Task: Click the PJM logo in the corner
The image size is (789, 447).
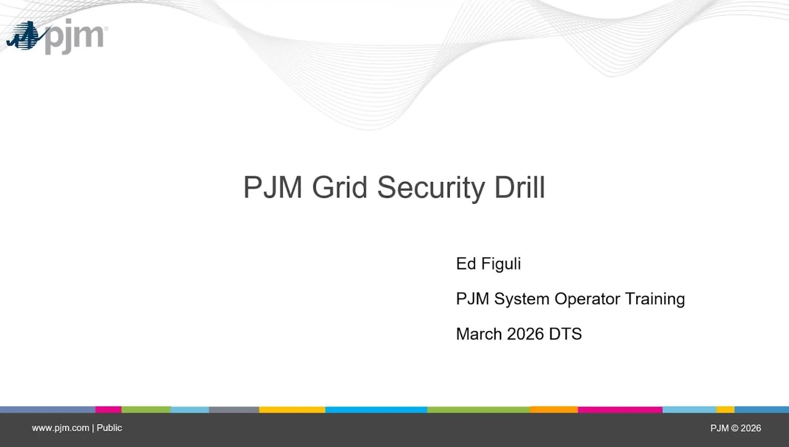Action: [56, 36]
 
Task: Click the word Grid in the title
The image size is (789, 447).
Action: [340, 187]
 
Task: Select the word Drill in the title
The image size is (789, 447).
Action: [520, 187]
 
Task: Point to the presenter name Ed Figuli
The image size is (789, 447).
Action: [488, 264]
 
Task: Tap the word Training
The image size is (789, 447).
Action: [655, 300]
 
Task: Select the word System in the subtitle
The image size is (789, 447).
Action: [521, 300]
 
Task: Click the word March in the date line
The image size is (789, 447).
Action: [479, 334]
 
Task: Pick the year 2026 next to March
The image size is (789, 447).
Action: [525, 334]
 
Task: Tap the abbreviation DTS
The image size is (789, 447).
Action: [565, 334]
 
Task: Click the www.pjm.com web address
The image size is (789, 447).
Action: [60, 429]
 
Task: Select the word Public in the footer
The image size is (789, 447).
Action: [109, 428]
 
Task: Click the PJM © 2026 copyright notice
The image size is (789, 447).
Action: [735, 428]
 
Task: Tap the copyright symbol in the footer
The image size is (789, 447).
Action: [734, 428]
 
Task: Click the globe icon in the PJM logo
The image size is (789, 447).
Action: [25, 36]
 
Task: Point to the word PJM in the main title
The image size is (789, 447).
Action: [272, 187]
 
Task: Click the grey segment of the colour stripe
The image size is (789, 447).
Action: [234, 409]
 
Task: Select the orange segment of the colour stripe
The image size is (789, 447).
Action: [554, 409]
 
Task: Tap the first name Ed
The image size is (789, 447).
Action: [465, 264]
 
